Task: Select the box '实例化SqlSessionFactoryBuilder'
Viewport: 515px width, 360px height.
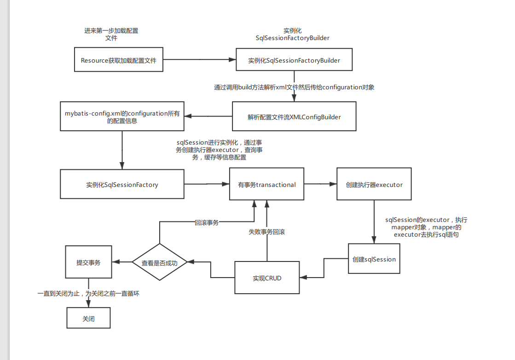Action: click(x=294, y=60)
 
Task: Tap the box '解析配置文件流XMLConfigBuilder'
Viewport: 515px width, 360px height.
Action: click(x=294, y=117)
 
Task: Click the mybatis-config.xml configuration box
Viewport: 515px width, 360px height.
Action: click(x=122, y=117)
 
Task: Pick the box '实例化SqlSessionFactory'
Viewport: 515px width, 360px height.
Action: click(x=122, y=185)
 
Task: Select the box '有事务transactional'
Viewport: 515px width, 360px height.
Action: click(x=267, y=185)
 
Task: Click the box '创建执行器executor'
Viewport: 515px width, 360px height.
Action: click(x=374, y=185)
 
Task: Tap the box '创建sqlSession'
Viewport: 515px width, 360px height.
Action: click(x=374, y=259)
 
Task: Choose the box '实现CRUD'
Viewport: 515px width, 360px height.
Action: click(x=267, y=278)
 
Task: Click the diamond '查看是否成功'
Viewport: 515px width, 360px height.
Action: click(x=159, y=262)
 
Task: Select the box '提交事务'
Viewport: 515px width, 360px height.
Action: click(x=88, y=262)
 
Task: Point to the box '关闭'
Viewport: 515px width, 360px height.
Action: click(x=88, y=318)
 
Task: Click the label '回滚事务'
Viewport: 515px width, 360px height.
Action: click(x=207, y=222)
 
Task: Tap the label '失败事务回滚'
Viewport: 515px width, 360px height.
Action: click(x=266, y=232)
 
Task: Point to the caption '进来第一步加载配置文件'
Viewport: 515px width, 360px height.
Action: click(x=111, y=35)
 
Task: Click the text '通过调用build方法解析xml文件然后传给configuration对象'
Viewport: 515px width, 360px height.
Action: click(x=294, y=87)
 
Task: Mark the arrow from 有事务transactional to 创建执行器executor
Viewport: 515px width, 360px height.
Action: click(x=320, y=184)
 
